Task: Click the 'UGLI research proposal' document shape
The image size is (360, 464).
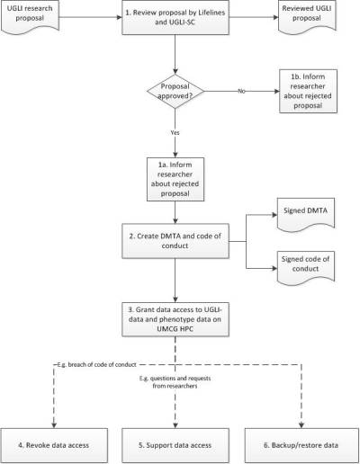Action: point(30,16)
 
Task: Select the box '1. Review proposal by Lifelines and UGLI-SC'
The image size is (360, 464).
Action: point(175,17)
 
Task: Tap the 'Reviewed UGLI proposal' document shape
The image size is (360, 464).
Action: point(307,16)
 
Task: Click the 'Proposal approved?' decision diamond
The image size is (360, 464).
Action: point(175,91)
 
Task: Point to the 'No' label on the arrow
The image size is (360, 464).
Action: point(241,91)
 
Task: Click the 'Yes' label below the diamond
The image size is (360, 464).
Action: point(175,132)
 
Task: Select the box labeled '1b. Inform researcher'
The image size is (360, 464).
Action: point(308,91)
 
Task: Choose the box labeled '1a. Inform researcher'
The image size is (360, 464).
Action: point(175,179)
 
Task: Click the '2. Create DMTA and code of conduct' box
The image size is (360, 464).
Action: point(175,241)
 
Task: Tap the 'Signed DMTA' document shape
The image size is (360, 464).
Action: point(306,214)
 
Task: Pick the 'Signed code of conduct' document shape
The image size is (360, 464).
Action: point(306,268)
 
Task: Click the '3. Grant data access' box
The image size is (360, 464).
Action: point(175,319)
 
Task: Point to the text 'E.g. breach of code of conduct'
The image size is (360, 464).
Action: point(96,365)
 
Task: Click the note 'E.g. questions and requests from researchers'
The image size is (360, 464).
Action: point(175,382)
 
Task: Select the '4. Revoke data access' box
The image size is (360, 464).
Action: point(54,445)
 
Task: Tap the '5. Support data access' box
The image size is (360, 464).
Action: point(175,445)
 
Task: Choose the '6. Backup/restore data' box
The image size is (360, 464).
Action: point(301,445)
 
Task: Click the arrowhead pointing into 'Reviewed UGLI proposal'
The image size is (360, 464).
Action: point(275,17)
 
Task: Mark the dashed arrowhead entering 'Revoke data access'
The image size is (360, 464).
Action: point(54,425)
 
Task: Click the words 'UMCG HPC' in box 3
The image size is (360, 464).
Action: point(175,329)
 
